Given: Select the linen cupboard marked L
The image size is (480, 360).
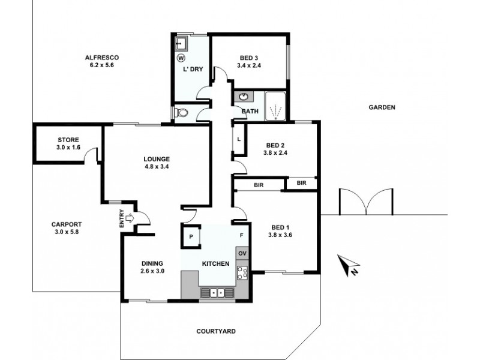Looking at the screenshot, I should pos(239,139).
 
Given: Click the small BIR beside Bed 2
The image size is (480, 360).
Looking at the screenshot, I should pos(301,183).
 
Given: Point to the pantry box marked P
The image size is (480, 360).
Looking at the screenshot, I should pos(191,236).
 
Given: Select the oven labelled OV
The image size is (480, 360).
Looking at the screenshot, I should pos(242,253).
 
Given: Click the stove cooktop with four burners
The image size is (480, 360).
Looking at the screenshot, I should pos(243,273).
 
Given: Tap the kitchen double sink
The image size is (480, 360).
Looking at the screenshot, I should pos(217,292).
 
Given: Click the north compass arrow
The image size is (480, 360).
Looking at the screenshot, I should pos(346,265).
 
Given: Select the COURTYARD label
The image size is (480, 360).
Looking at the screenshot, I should pos(216,331).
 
